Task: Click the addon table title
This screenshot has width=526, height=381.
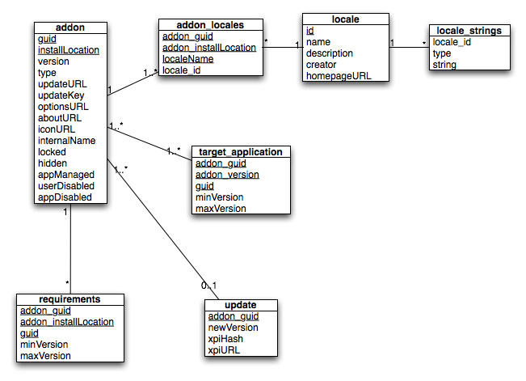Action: (x=70, y=28)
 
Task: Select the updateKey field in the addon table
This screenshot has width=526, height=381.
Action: (x=61, y=95)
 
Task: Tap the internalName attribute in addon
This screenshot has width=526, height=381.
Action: (x=67, y=141)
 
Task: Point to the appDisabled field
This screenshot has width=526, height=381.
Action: (x=65, y=197)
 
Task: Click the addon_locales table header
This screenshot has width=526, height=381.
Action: (x=210, y=25)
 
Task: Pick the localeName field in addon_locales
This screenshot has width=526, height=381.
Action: (x=187, y=59)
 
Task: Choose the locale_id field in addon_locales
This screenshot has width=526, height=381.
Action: (x=182, y=70)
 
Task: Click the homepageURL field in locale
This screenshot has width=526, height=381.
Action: (x=339, y=76)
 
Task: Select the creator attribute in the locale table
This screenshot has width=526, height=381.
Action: (x=321, y=65)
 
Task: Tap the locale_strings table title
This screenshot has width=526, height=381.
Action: (x=469, y=31)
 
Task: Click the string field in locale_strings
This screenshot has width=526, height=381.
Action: (x=444, y=65)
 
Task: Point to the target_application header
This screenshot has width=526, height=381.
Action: (x=241, y=152)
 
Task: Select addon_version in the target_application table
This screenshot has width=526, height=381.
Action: (x=227, y=175)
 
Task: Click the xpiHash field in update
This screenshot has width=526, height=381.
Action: (x=225, y=339)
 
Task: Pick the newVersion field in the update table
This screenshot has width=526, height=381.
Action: (x=234, y=328)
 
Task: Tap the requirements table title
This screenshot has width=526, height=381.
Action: (x=69, y=299)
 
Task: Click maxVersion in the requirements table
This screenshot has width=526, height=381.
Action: (x=45, y=356)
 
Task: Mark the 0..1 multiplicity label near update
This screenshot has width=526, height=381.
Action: (x=209, y=286)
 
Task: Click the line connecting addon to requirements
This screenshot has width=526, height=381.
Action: (x=70, y=249)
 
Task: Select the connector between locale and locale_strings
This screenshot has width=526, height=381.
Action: (x=410, y=48)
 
